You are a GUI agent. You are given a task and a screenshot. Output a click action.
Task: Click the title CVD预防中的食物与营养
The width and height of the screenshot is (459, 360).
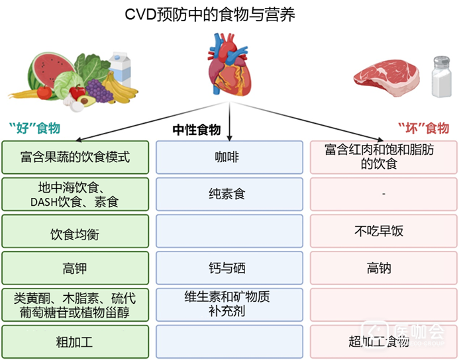[x=210, y=15]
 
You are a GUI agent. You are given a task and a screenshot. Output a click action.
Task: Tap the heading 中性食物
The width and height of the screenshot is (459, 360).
[x=197, y=130]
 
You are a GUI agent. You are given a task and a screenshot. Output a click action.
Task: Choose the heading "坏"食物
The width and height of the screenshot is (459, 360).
[x=423, y=128]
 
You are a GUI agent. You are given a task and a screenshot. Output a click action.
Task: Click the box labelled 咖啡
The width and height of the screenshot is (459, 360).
[x=229, y=157]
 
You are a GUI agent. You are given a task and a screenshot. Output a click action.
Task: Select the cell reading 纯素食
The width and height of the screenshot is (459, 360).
[x=229, y=194]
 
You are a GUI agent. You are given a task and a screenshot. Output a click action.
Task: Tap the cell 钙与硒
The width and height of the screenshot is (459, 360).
[x=229, y=268]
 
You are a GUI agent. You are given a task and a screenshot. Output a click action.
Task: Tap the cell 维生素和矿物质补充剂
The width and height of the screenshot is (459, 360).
[x=229, y=304]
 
